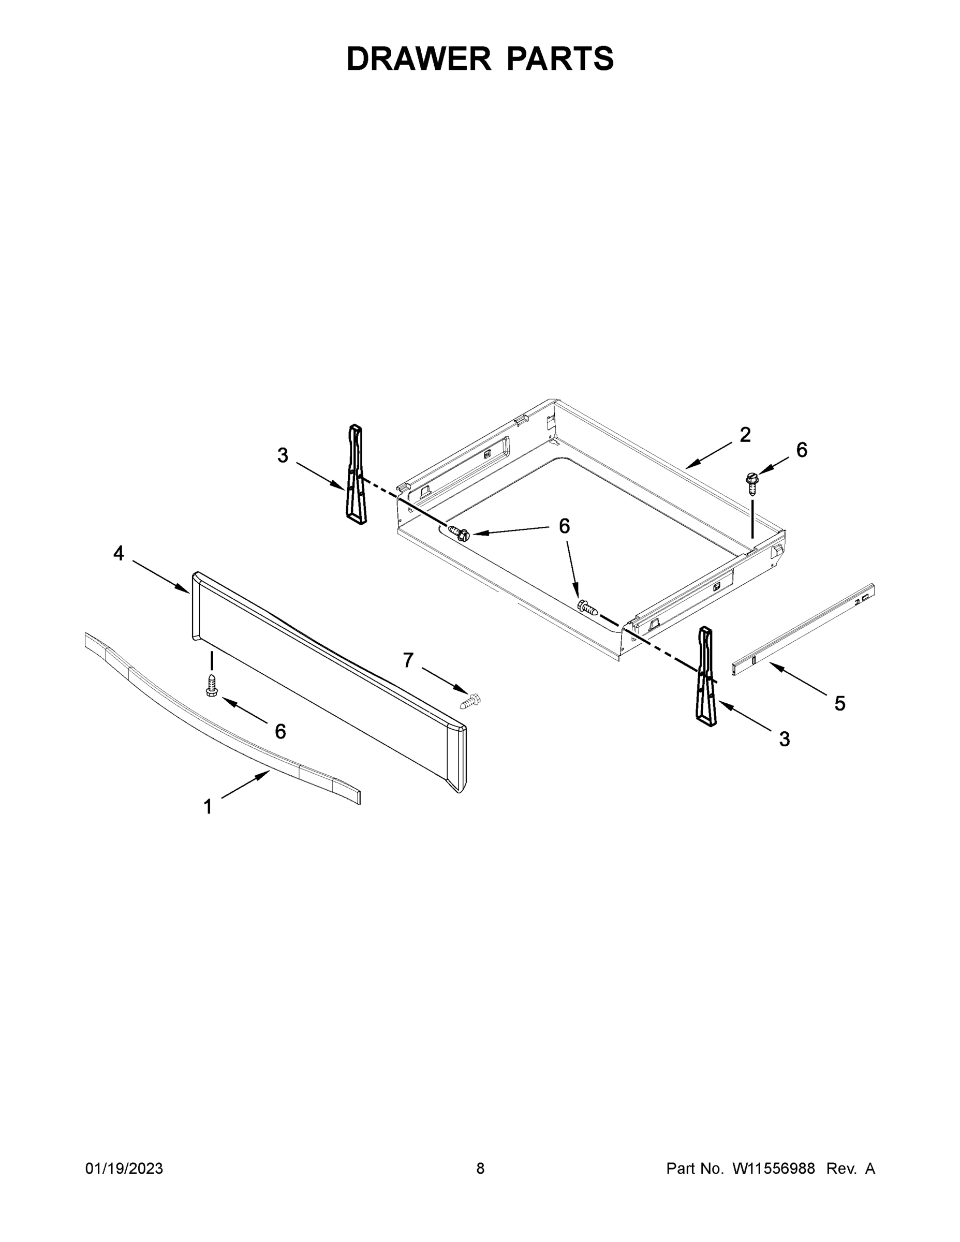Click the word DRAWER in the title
coord(419,58)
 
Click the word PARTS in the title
coord(559,58)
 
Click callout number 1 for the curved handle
coord(208,806)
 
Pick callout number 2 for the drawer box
coord(745,435)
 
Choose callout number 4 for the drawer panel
coord(119,553)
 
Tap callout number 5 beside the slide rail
coord(839,703)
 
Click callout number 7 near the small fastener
coord(408,660)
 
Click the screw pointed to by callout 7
coord(470,701)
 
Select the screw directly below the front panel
coord(212,685)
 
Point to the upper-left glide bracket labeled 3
coord(356,474)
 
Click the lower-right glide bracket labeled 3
coord(707,675)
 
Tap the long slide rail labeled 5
coord(803,629)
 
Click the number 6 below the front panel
coord(280,731)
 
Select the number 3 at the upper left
coord(283,455)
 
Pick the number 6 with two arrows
coord(564,526)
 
